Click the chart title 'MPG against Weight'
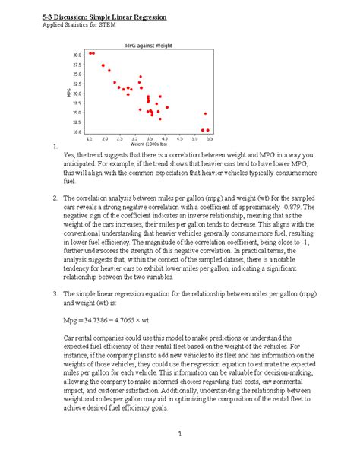[x=148, y=46]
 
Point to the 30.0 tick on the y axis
[x=77, y=55]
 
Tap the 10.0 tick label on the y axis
[x=77, y=131]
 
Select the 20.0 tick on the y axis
[x=77, y=93]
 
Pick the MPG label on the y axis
[x=68, y=92]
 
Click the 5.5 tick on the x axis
[x=209, y=139]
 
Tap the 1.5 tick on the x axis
[x=90, y=139]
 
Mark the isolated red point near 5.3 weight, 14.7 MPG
[x=204, y=113]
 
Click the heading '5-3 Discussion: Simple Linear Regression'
[x=109, y=16]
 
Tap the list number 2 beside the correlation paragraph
[x=46, y=197]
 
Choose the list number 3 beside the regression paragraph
[x=46, y=292]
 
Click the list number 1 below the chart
[x=46, y=146]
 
